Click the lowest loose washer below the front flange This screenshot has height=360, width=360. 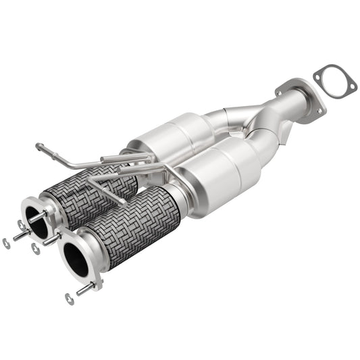(70, 298)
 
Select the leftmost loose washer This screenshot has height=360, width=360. (6, 243)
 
